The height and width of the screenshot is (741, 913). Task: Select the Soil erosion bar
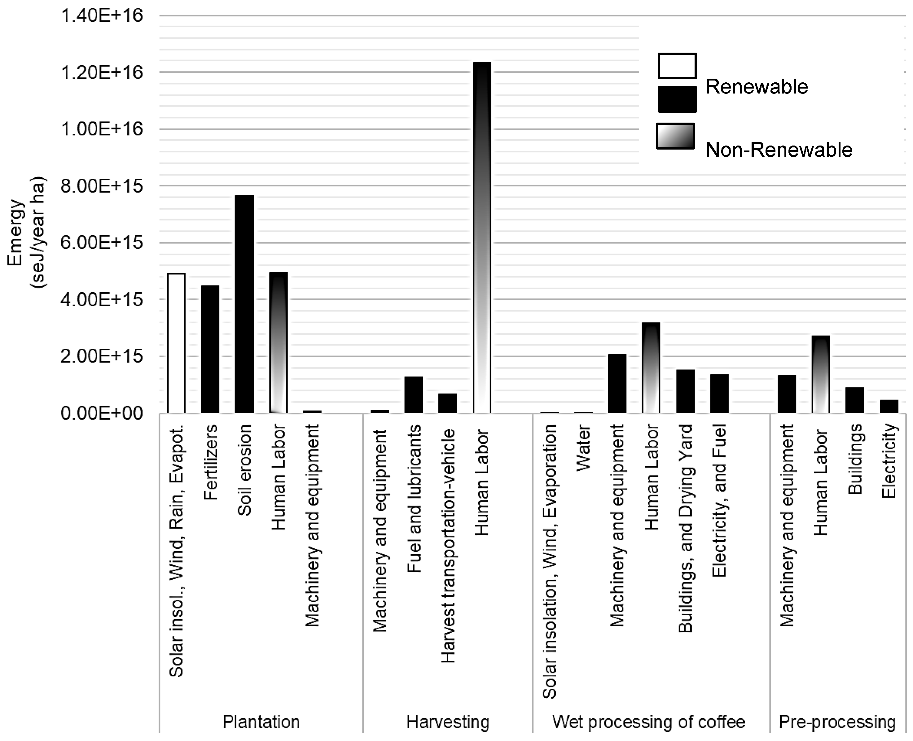click(244, 304)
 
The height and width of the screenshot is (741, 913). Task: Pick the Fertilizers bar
click(210, 349)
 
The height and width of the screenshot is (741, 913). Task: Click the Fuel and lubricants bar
click(413, 394)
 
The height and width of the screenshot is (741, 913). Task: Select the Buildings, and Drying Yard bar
click(685, 391)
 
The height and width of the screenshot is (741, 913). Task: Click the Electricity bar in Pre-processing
click(889, 406)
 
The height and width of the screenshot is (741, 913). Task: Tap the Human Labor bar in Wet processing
click(651, 368)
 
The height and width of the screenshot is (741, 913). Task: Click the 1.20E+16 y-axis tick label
click(102, 72)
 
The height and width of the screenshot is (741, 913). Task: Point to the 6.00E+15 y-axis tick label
click(102, 242)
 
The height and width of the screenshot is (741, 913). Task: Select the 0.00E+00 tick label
click(102, 413)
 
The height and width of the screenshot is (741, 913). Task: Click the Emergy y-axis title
click(26, 233)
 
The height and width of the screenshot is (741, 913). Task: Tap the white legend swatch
click(677, 66)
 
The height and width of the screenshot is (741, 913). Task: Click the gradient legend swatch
click(676, 136)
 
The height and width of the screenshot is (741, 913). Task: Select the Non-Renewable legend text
click(779, 150)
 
